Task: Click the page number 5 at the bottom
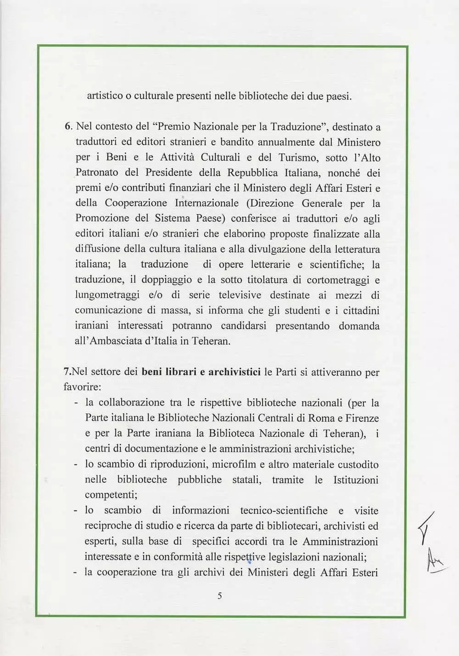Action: point(220,596)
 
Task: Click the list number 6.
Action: point(68,127)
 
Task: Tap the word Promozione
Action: point(102,218)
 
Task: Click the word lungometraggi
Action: point(107,295)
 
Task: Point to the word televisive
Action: point(240,295)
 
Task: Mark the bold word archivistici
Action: point(235,372)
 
